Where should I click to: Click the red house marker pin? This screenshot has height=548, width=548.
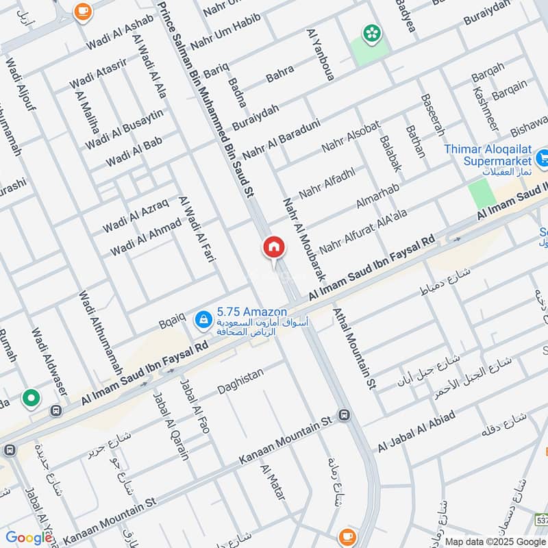(273, 247)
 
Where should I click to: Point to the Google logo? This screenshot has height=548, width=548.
(29, 536)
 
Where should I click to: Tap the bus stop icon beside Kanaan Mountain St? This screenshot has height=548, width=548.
(344, 415)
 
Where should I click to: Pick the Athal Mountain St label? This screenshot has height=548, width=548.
(354, 347)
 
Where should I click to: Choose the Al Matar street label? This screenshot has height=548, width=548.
(272, 486)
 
